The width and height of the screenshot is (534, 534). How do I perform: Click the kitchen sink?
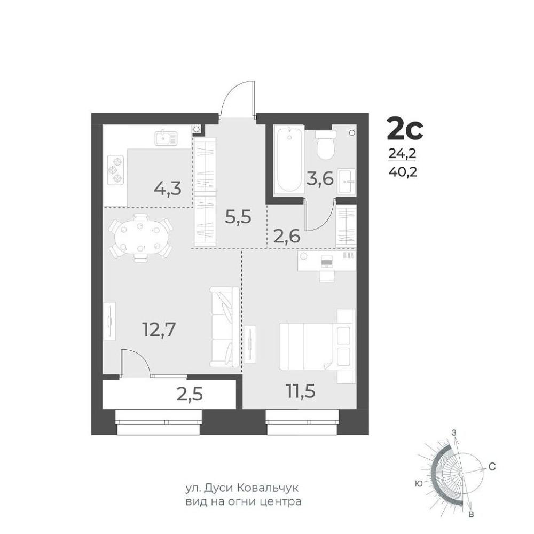click(x=166, y=138)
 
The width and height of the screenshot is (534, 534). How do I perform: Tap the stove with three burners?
click(x=115, y=170)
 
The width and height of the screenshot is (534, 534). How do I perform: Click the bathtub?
click(x=289, y=159)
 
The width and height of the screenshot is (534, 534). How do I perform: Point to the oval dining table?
click(x=140, y=238)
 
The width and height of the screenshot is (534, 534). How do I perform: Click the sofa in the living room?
click(x=224, y=327)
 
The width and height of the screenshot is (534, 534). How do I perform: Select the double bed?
click(x=317, y=346)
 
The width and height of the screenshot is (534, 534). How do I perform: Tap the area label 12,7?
click(x=159, y=329)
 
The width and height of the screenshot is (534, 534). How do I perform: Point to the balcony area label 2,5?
click(x=190, y=395)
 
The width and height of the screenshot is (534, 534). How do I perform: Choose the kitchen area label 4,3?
click(x=168, y=189)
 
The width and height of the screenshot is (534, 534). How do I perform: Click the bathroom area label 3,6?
click(x=320, y=178)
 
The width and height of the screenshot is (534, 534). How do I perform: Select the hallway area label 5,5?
click(x=238, y=217)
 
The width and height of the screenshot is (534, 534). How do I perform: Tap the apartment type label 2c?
click(x=405, y=129)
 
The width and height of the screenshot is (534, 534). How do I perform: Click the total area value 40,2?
click(x=403, y=172)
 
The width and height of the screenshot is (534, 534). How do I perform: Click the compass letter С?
click(x=492, y=467)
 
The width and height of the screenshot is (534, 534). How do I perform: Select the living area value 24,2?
click(x=403, y=154)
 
